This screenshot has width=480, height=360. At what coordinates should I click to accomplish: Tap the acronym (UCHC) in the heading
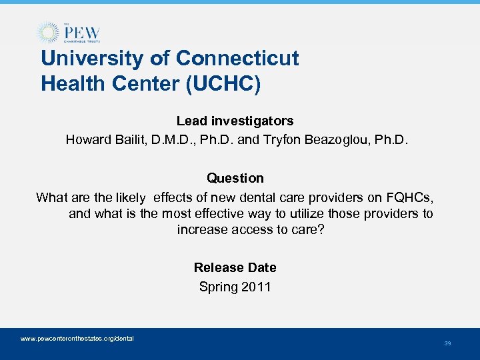click(x=235, y=84)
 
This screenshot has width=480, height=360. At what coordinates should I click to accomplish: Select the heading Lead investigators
click(x=235, y=121)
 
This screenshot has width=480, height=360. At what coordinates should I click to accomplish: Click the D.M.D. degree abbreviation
click(x=172, y=140)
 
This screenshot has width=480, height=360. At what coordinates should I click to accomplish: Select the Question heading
click(x=235, y=178)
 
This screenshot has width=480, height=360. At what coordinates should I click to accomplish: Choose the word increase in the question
click(x=201, y=230)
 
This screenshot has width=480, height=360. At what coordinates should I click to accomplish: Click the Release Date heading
click(x=235, y=267)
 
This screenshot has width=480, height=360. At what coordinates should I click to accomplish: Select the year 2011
click(x=256, y=287)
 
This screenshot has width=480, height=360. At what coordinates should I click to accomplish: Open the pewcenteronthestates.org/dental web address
click(x=77, y=339)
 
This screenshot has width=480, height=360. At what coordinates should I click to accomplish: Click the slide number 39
click(x=447, y=343)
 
